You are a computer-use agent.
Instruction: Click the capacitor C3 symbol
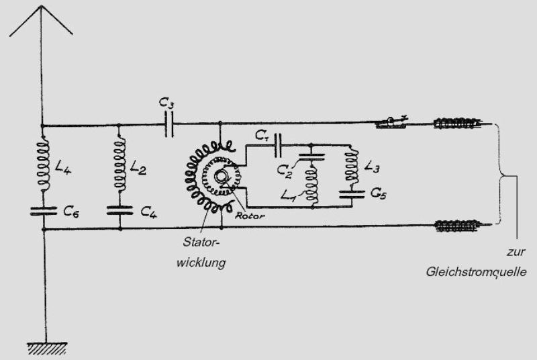(x=169, y=124)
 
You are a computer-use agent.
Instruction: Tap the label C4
(x=149, y=211)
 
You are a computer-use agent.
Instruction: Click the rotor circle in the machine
(x=221, y=178)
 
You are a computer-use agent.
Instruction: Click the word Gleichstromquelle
(x=475, y=273)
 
